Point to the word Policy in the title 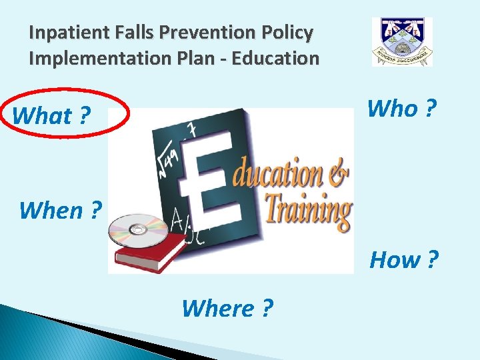pyautogui.click(x=289, y=32)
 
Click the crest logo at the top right pyautogui.click(x=402, y=41)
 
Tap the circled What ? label pyautogui.click(x=52, y=115)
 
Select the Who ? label pyautogui.click(x=402, y=108)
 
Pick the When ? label pyautogui.click(x=61, y=210)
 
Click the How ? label pyautogui.click(x=404, y=259)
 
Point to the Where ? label pyautogui.click(x=227, y=308)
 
